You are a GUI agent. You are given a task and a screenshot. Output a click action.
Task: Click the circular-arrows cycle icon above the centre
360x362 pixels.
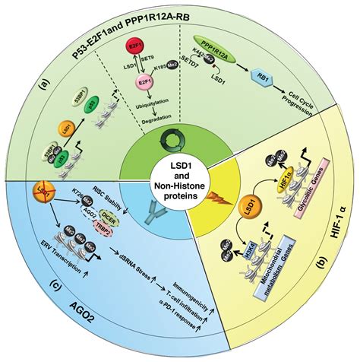[180, 138]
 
